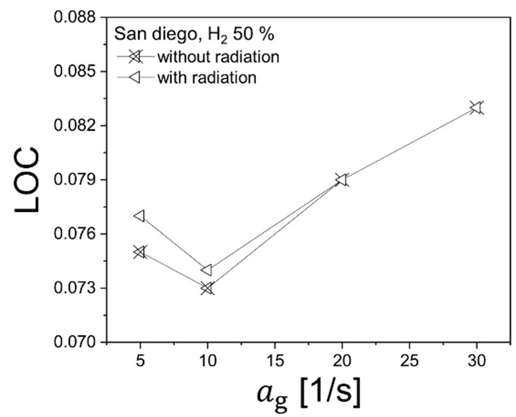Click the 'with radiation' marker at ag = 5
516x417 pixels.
click(139, 216)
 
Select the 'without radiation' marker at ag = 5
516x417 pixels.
click(139, 252)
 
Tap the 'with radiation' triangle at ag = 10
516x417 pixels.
click(207, 270)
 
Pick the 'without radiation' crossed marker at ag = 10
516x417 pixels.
click(207, 288)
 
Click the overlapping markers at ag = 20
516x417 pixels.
click(341, 179)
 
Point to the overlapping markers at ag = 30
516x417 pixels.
click(477, 108)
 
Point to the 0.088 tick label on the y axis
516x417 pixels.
click(76, 17)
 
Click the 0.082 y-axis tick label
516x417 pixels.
click(76, 126)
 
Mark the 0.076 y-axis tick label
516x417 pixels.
click(76, 234)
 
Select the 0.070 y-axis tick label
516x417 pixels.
click(76, 343)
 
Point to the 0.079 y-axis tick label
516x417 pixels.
click(76, 180)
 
